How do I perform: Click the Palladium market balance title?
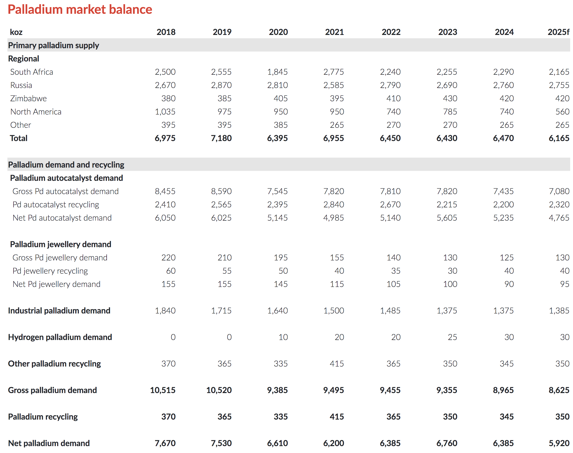point(80,9)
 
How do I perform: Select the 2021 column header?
point(334,32)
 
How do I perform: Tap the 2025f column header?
point(558,32)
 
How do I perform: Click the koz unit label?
point(16,32)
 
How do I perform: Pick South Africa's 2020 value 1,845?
point(277,72)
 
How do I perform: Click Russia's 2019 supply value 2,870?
point(221,85)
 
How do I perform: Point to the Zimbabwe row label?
point(28,98)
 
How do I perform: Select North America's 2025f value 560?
point(562,112)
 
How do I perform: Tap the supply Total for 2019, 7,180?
point(221,138)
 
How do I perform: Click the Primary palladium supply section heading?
point(53,45)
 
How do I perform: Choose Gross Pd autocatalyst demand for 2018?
point(165,191)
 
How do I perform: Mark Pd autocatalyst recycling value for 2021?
point(333,205)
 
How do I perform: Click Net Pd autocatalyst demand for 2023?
point(447,218)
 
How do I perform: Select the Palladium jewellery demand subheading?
point(60,244)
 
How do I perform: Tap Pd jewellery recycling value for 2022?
point(395,271)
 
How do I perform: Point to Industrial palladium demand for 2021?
point(333,311)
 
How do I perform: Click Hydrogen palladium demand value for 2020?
point(283,337)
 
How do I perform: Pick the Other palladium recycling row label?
point(54,364)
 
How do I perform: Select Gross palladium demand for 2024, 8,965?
point(503,390)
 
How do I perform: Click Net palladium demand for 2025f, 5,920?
point(559,443)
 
